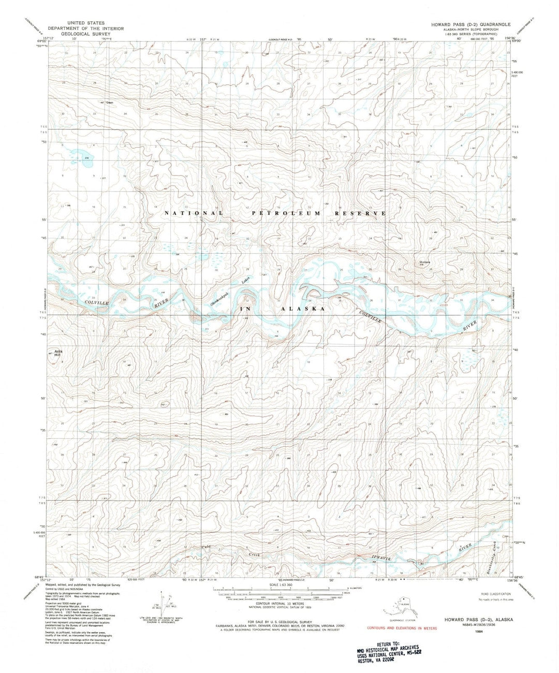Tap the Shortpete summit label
[x=425, y=261]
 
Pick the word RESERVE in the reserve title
[x=360, y=213]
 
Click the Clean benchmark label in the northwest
[x=109, y=103]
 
